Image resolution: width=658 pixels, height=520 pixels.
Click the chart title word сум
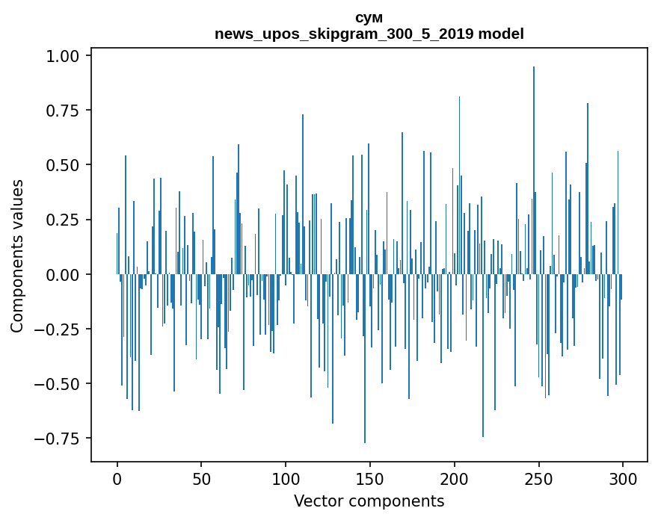point(369,18)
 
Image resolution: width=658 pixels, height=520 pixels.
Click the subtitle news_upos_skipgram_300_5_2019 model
point(369,34)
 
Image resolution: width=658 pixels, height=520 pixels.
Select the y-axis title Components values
point(17,256)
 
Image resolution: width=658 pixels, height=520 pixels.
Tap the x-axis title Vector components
point(369,501)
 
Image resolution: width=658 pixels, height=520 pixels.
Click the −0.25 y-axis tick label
point(63,329)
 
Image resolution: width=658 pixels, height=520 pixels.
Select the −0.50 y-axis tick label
point(63,384)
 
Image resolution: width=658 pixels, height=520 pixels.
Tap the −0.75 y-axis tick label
point(63,439)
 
